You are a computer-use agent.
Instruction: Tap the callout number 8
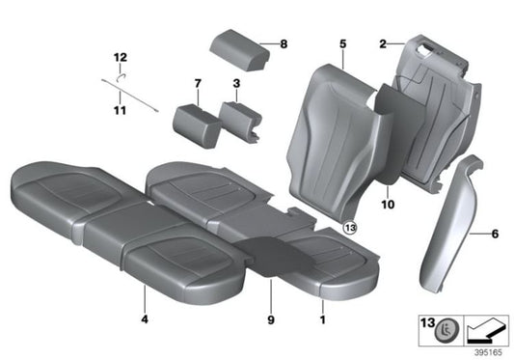click(x=284, y=43)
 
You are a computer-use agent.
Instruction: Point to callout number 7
click(x=197, y=83)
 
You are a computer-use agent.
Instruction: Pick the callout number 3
click(x=236, y=83)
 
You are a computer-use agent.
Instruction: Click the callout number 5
click(x=341, y=43)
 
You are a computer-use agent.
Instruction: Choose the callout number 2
click(x=383, y=43)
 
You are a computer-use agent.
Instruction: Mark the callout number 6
click(x=496, y=234)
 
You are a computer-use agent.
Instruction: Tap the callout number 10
click(x=388, y=205)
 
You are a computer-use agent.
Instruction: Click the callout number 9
click(x=271, y=318)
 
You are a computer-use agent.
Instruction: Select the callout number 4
click(x=144, y=318)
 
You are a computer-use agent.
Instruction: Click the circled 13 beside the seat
click(x=348, y=228)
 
